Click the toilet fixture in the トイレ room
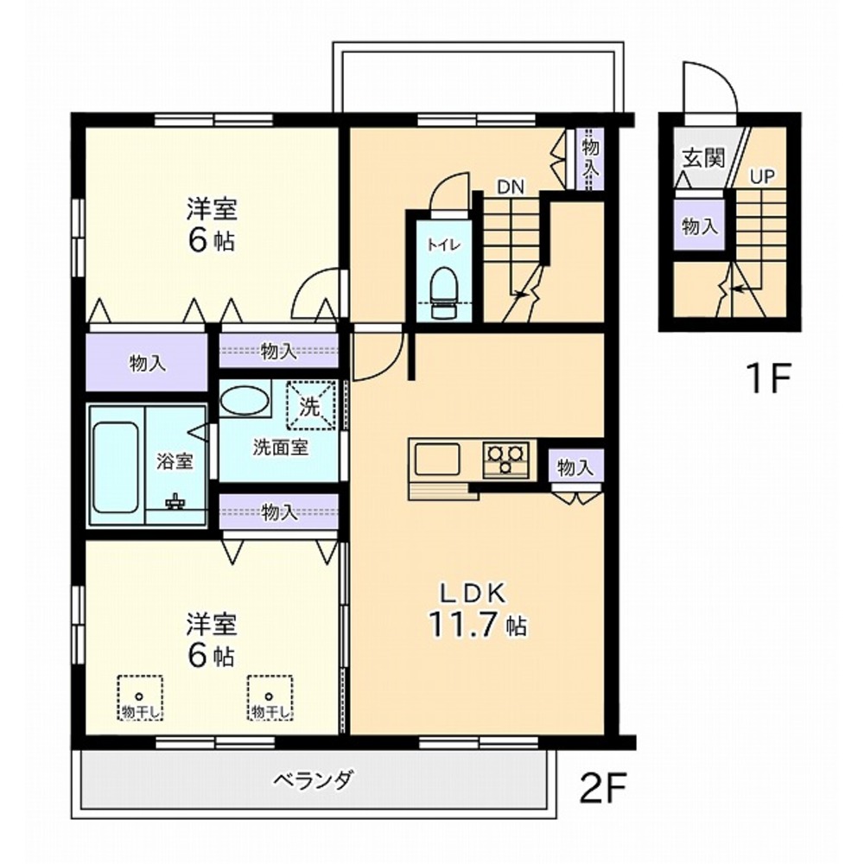[445, 285]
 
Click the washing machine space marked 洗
[309, 404]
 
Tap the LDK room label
[478, 594]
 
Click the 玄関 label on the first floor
[702, 158]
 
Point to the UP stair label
[761, 177]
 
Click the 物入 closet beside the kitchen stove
[575, 467]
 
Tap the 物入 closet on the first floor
[700, 227]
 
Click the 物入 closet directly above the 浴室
[148, 362]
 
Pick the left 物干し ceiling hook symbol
[137, 696]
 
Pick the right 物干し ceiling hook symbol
[270, 696]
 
